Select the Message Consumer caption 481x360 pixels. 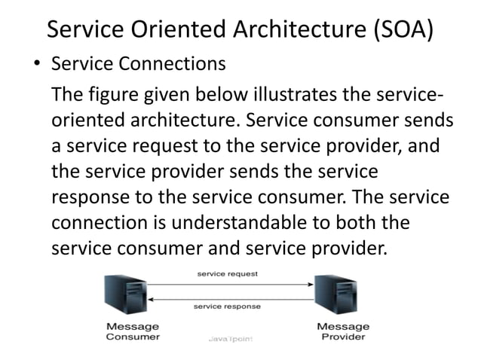pyautogui.click(x=133, y=331)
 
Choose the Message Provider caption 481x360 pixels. pyautogui.click(x=343, y=331)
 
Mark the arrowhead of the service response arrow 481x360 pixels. pyautogui.click(x=151, y=299)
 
